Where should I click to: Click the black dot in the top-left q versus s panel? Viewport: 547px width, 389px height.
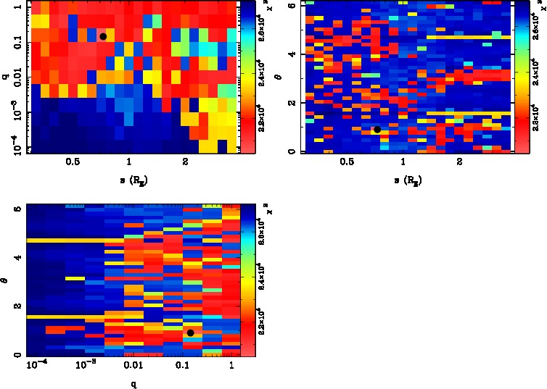pyautogui.click(x=103, y=36)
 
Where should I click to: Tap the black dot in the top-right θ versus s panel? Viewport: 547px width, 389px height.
pyautogui.click(x=377, y=130)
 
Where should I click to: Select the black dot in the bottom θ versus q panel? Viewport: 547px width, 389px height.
pyautogui.click(x=190, y=332)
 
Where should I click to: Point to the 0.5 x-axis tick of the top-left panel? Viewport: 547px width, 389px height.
pyautogui.click(x=73, y=162)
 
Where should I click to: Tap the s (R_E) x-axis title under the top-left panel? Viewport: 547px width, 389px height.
pyautogui.click(x=128, y=178)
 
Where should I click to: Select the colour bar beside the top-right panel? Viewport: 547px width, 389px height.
pyautogui.click(x=521, y=77)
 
